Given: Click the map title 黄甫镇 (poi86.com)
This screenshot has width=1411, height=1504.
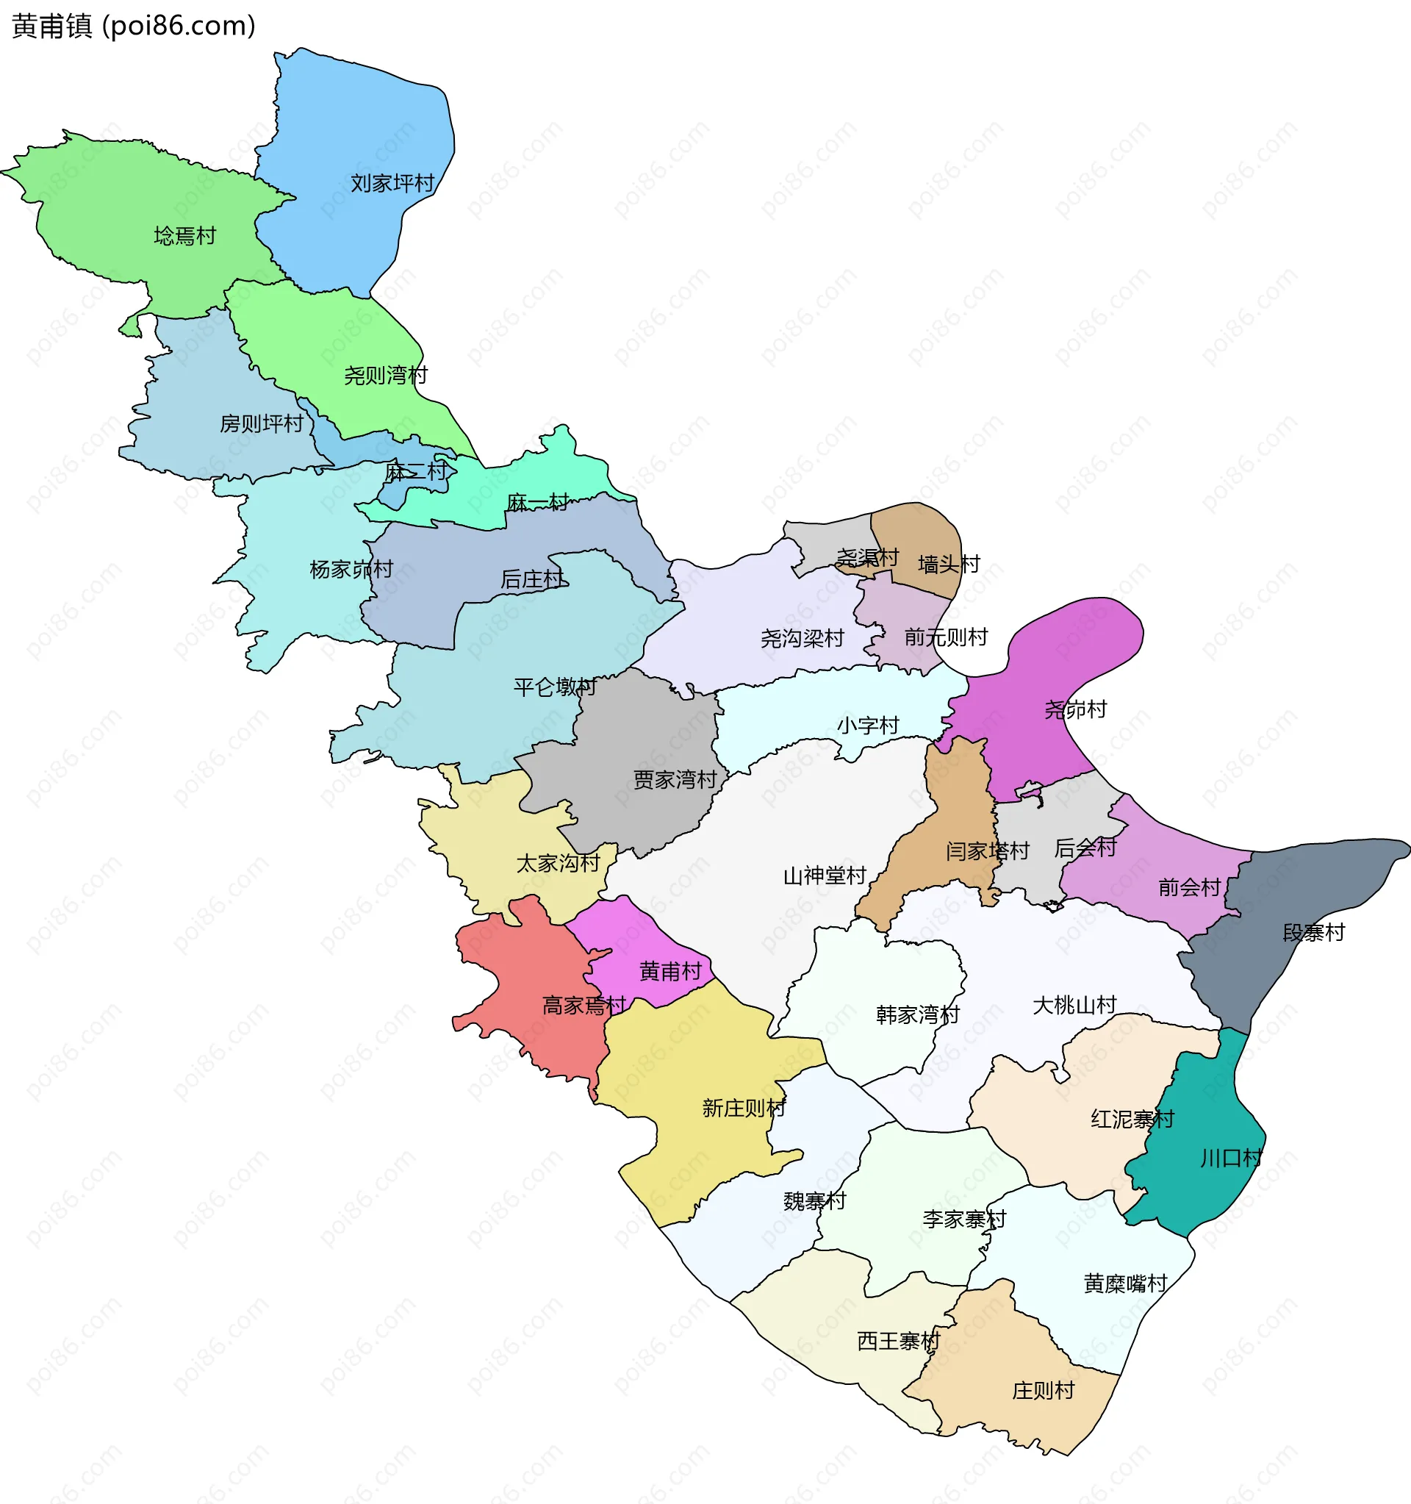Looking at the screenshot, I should click(134, 26).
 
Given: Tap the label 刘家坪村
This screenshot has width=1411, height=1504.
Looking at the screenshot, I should click(392, 183).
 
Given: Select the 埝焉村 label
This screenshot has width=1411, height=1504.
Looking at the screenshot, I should click(184, 236).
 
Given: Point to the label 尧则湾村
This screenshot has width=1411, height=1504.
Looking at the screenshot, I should click(386, 375).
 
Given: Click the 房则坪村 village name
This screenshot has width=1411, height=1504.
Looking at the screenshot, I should click(261, 423).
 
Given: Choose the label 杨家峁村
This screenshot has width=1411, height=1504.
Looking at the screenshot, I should click(351, 570).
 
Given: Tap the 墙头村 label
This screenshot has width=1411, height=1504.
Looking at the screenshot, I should click(948, 565).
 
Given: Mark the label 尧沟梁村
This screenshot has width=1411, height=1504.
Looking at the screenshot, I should click(802, 639).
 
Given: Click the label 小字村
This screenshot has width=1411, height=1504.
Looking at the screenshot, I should click(867, 726).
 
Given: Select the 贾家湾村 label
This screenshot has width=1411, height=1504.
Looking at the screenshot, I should click(675, 780).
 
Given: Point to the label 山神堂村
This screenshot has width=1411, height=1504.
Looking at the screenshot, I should click(825, 876).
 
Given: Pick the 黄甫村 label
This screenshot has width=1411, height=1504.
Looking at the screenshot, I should click(670, 971).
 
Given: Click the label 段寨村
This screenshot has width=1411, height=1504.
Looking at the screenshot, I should click(1313, 933).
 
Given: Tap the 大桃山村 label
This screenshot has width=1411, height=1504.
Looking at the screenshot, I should click(1074, 1006).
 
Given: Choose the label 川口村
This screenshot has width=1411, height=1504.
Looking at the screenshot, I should click(1231, 1159).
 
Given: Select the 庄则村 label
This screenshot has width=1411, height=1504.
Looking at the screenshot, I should click(1043, 1391).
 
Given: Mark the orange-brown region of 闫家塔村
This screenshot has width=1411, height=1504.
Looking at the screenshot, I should click(957, 802).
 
